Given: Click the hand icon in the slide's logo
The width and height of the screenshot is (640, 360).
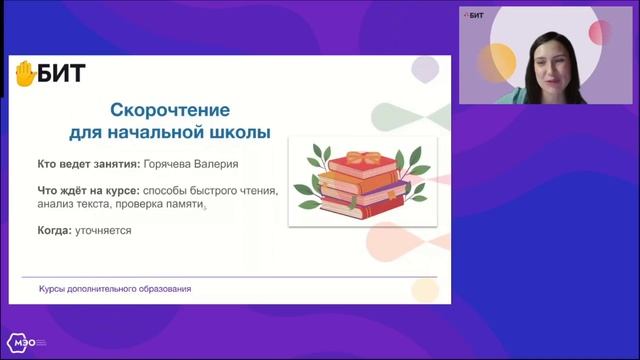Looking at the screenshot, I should coord(24,73).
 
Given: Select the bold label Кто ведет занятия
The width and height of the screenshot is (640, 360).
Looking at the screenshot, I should coord(81,163).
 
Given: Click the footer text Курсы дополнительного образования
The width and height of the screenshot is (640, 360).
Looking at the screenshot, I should coord(115,289).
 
